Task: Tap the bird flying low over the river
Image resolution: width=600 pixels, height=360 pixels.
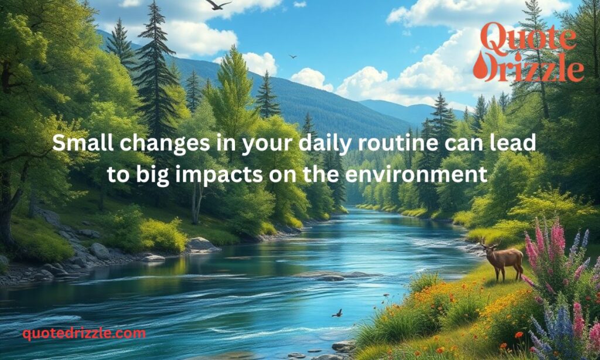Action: [337, 313]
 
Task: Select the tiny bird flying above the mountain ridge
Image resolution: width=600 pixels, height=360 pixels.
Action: [292, 56]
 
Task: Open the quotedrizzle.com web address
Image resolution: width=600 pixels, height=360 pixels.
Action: [84, 334]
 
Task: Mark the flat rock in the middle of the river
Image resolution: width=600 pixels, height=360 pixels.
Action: [333, 274]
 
